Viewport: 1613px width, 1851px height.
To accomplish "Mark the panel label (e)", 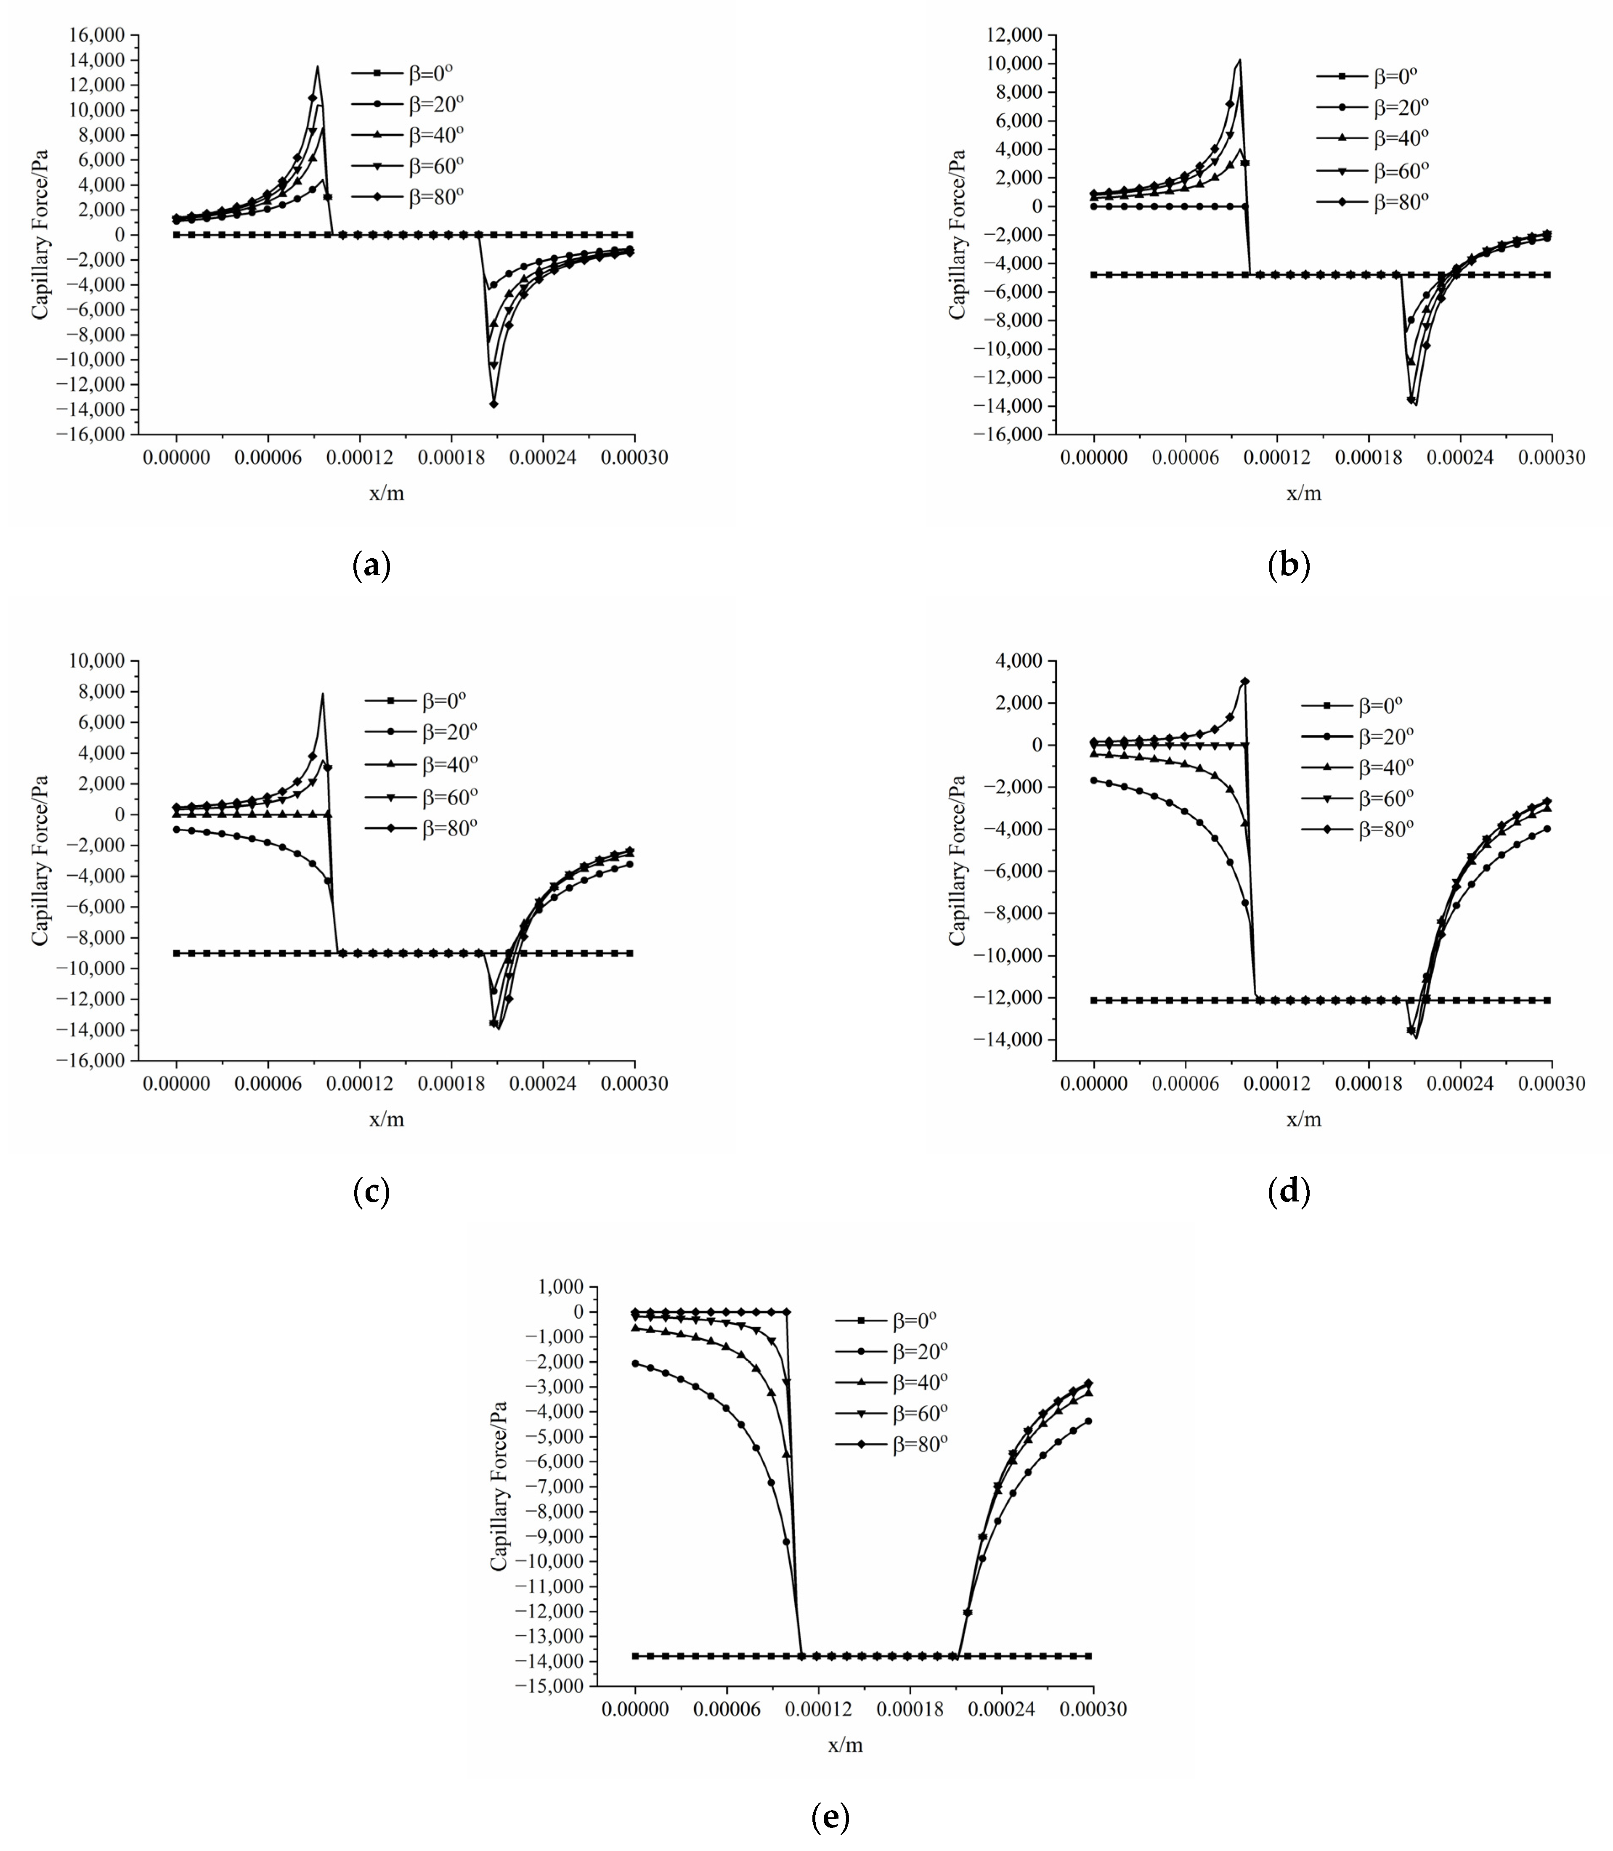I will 830,1818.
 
